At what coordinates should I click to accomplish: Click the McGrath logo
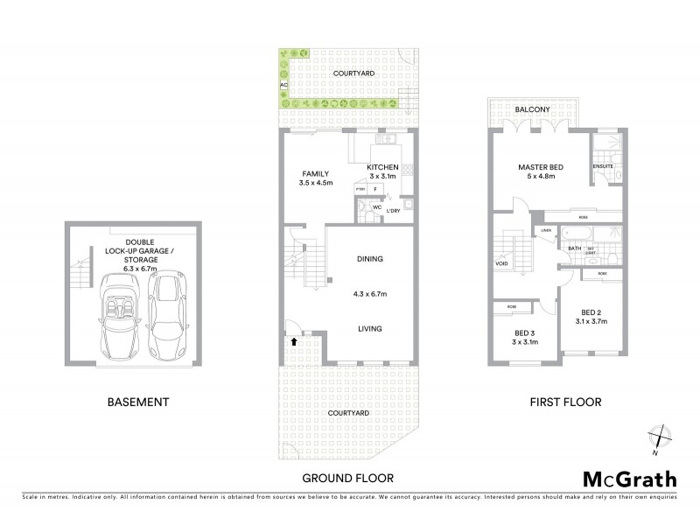pyautogui.click(x=628, y=478)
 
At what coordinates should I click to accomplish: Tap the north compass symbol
pyautogui.click(x=661, y=437)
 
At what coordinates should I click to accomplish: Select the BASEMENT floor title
pyautogui.click(x=137, y=402)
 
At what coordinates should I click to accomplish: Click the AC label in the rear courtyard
pyautogui.click(x=283, y=85)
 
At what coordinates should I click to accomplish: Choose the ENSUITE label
pyautogui.click(x=602, y=165)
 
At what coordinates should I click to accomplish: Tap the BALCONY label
pyautogui.click(x=532, y=109)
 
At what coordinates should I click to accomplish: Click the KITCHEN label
pyautogui.click(x=382, y=167)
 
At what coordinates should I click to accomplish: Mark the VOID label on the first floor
pyautogui.click(x=501, y=262)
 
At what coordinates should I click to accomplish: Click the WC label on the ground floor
pyautogui.click(x=376, y=207)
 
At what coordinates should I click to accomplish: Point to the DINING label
pyautogui.click(x=371, y=259)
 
